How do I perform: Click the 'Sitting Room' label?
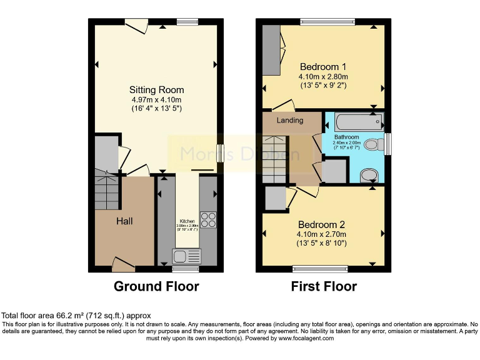coord(156,90)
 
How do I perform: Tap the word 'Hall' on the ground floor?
coord(124,221)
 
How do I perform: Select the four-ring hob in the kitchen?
coord(207,219)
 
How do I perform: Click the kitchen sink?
coord(187,256)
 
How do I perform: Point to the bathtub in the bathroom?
coord(352,121)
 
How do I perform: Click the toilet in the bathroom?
coord(373,145)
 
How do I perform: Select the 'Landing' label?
coord(289,120)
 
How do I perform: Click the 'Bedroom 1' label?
coord(322,67)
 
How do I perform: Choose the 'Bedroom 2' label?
coord(322,224)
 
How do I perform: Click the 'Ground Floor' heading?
coord(156,287)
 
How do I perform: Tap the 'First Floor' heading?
coord(324,287)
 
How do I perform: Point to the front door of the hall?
coord(123,265)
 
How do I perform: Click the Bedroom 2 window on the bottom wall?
coord(320,269)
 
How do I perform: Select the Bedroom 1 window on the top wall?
coord(327,22)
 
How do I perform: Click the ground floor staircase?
coord(106,187)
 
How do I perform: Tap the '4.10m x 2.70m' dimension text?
coord(322,234)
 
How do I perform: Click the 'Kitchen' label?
coord(187,221)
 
